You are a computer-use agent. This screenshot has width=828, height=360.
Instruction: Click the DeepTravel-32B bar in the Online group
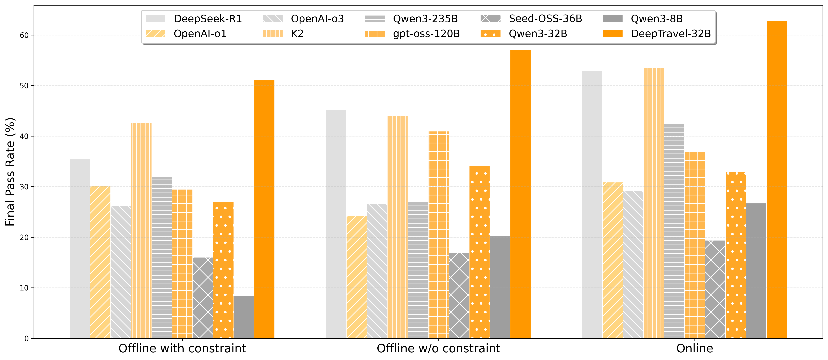pyautogui.click(x=776, y=180)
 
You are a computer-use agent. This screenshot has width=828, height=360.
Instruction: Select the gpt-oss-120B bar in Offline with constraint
pyautogui.click(x=182, y=264)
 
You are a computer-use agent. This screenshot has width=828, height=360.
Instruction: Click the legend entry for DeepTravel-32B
pyautogui.click(x=671, y=34)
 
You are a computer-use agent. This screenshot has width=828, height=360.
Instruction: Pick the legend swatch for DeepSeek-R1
pyautogui.click(x=155, y=19)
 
